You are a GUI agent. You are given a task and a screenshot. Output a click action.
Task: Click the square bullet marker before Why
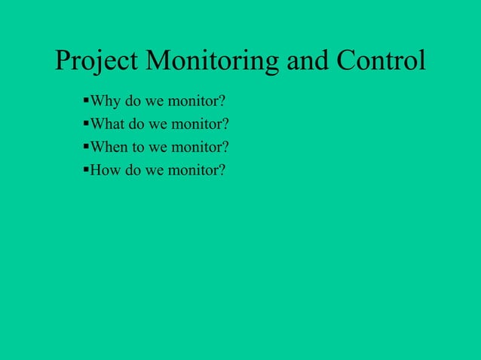(x=85, y=99)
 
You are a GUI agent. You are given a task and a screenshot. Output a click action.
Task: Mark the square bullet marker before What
(x=85, y=122)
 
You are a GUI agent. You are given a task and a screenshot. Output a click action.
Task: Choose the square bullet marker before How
(x=85, y=167)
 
